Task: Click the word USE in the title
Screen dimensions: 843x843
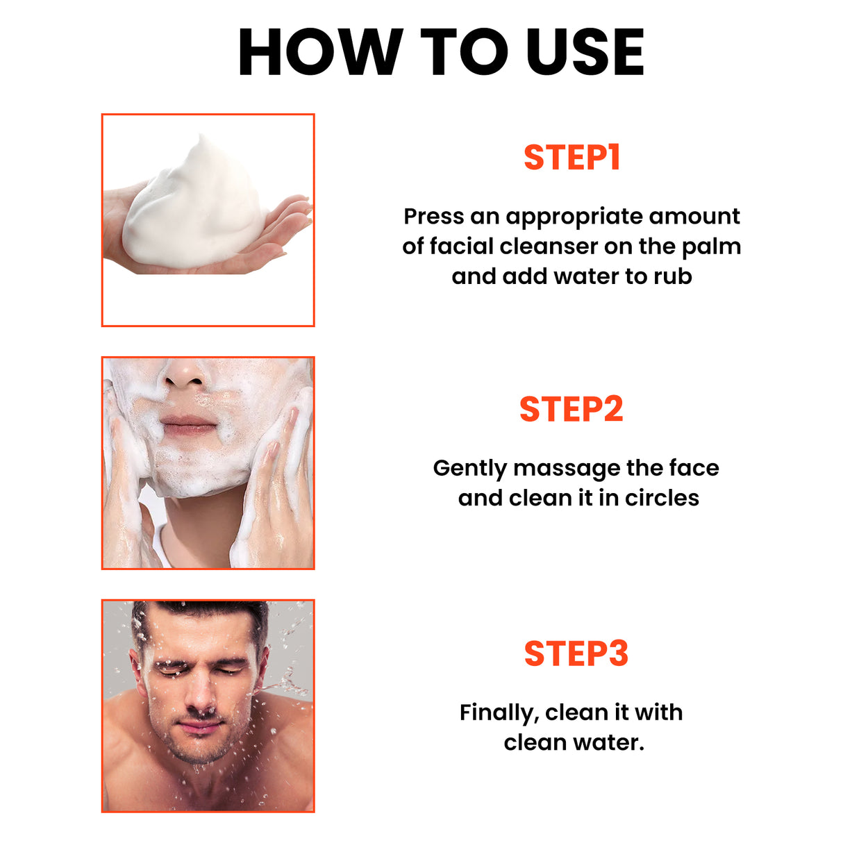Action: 585,53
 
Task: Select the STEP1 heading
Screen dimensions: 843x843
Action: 571,158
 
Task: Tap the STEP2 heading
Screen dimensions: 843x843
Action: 571,410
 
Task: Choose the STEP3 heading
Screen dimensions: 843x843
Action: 576,654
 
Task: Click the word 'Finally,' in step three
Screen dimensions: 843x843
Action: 499,713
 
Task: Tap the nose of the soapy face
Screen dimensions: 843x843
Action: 184,375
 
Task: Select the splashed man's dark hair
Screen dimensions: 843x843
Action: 201,611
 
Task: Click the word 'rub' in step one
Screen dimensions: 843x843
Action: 672,276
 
